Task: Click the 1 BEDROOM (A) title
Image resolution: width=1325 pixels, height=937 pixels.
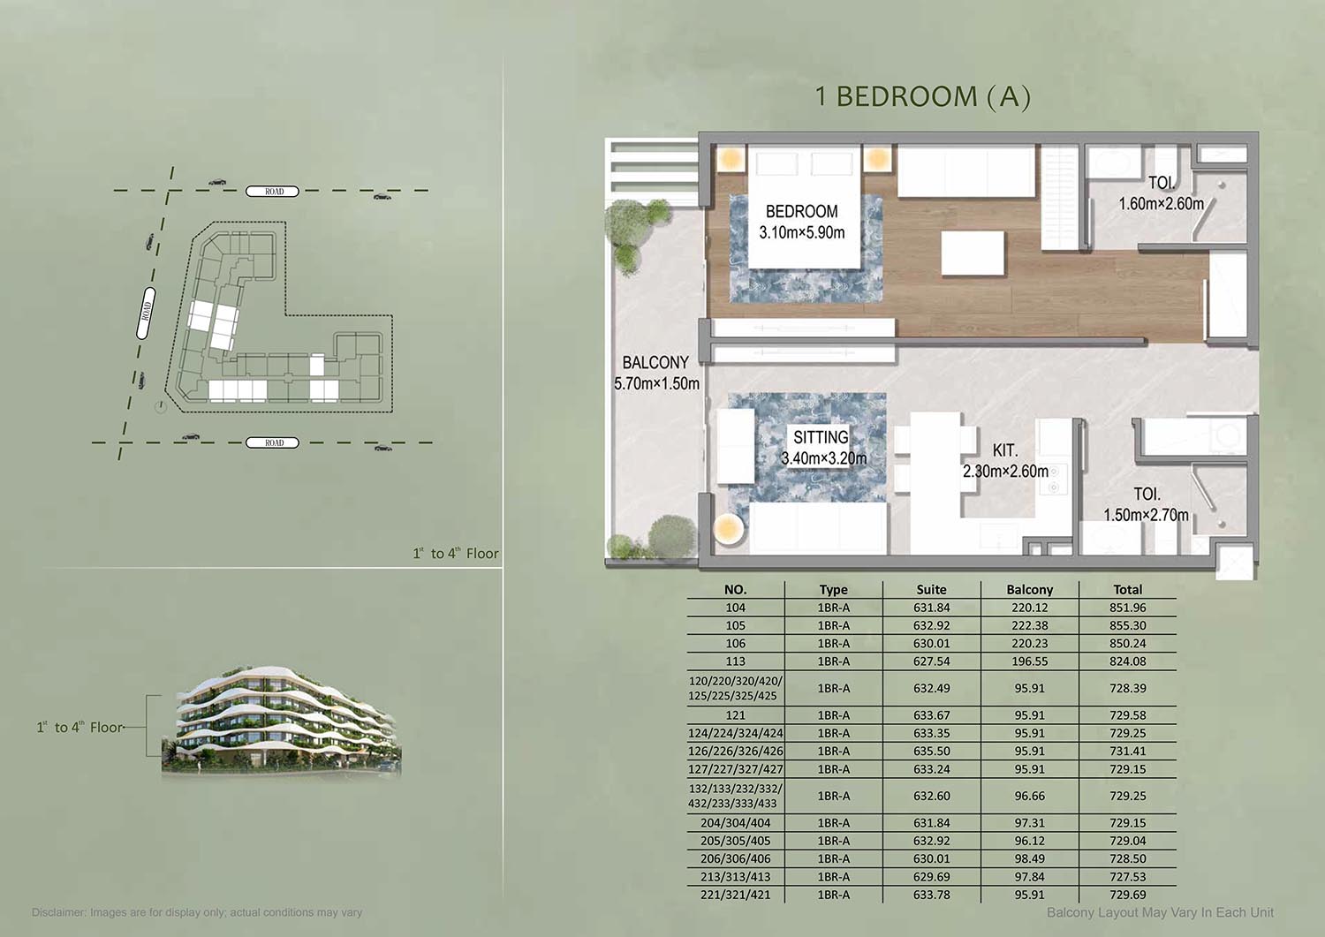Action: pos(923,96)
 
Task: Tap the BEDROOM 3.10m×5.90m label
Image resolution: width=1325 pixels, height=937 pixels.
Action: pos(801,222)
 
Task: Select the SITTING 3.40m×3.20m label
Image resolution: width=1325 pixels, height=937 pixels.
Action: pos(823,447)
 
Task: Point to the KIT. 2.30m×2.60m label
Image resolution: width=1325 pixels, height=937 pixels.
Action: pos(1005,461)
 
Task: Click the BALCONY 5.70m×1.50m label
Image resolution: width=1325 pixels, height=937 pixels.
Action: pos(656,373)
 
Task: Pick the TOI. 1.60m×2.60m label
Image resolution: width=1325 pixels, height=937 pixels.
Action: pos(1162,193)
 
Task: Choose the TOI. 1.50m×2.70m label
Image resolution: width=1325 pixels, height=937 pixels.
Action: pos(1147,504)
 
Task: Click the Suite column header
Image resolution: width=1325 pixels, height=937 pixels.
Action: pos(931,589)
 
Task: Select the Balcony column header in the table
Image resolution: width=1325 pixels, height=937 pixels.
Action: pos(1030,589)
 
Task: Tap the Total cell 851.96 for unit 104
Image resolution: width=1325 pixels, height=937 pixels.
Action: pos(1127,608)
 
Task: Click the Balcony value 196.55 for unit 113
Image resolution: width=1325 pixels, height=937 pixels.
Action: pos(1030,661)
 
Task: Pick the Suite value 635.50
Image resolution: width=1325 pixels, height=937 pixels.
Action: pos(932,751)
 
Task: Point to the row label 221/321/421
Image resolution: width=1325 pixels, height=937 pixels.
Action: pos(735,895)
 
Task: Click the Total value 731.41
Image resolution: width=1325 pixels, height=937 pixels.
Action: pos(1127,751)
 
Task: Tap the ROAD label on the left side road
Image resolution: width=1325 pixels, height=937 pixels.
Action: pos(146,314)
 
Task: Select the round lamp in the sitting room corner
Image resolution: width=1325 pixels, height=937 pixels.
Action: pos(728,529)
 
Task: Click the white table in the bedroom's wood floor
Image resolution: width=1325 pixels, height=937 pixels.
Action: pos(973,253)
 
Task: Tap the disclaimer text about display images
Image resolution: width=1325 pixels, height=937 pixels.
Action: pos(197,913)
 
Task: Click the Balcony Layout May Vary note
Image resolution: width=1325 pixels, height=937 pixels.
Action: pos(1160,913)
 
